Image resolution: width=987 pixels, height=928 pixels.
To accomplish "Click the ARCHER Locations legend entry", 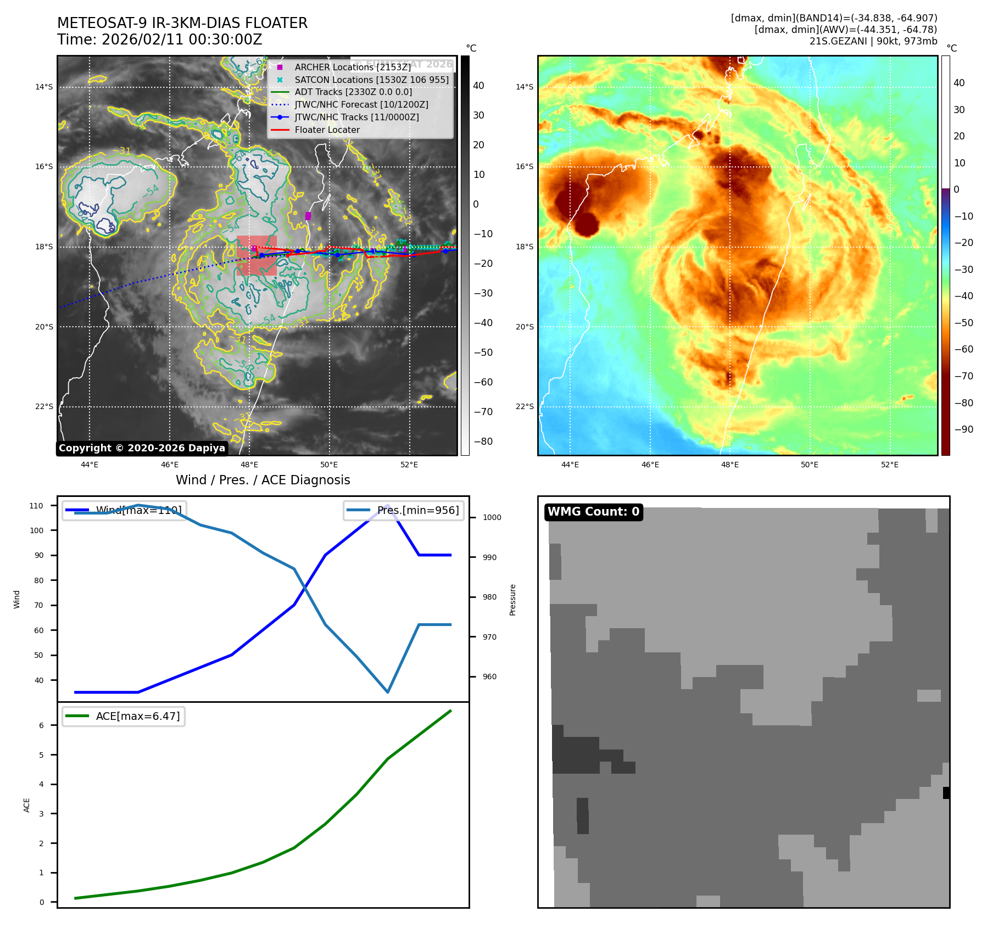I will pyautogui.click(x=352, y=67).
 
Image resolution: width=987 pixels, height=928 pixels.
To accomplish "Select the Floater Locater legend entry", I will pyautogui.click(x=327, y=130).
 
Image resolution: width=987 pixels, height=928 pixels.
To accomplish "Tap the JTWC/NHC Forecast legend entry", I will pyautogui.click(x=361, y=104).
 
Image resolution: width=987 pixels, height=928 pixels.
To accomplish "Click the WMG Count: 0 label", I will pyautogui.click(x=593, y=512).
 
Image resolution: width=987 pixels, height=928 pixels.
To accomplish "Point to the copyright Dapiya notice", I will pyautogui.click(x=142, y=448).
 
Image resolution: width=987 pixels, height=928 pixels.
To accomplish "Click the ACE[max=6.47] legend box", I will pyautogui.click(x=124, y=716).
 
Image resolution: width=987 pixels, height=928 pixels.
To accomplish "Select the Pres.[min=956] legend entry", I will pyautogui.click(x=404, y=510).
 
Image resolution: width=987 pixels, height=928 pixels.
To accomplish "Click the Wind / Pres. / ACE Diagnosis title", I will pyautogui.click(x=263, y=480).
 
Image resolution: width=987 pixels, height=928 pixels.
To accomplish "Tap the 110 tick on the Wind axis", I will pyautogui.click(x=36, y=506).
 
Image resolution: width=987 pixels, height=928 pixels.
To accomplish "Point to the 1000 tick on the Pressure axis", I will pyautogui.click(x=492, y=517).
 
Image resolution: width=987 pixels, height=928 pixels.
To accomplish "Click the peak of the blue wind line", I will pyautogui.click(x=388, y=505).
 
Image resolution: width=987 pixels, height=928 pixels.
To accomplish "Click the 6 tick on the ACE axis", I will pyautogui.click(x=41, y=725).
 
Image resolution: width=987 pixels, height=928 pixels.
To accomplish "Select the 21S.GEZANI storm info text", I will pyautogui.click(x=873, y=41).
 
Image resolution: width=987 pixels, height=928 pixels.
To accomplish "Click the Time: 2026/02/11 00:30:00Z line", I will pyautogui.click(x=159, y=40).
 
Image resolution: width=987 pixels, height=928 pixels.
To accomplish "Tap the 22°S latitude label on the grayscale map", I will pyautogui.click(x=44, y=407).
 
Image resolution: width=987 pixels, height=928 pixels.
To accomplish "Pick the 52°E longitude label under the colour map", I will pyautogui.click(x=889, y=465).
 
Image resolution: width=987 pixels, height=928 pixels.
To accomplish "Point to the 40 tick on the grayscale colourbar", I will pyautogui.click(x=478, y=86).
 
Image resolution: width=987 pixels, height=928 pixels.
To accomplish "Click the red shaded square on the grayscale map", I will pyautogui.click(x=256, y=255).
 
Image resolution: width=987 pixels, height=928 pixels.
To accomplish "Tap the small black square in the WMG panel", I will pyautogui.click(x=946, y=792).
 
